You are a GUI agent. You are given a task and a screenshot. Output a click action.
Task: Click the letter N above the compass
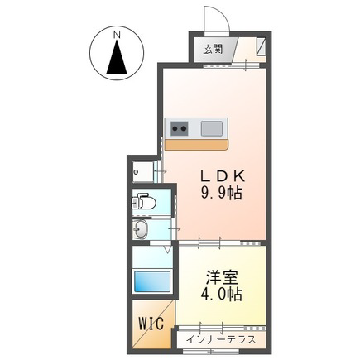(x=118, y=35)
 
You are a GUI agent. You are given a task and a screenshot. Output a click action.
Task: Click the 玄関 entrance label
(x=213, y=50)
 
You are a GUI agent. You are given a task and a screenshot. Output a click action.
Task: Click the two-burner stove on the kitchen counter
(x=180, y=128)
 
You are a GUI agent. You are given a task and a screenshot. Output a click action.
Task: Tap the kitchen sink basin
(x=212, y=128)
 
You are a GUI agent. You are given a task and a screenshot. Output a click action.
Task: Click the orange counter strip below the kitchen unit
(x=196, y=145)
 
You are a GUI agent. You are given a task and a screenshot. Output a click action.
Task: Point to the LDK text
(x=223, y=175)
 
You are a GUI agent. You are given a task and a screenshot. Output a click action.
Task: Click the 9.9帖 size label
(x=222, y=193)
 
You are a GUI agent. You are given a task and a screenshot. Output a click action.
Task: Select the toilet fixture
(x=144, y=203)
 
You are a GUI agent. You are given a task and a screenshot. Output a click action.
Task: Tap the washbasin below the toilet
(x=141, y=228)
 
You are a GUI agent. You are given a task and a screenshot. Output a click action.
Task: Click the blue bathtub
(x=152, y=281)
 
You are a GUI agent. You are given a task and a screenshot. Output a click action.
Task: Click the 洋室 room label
(x=222, y=278)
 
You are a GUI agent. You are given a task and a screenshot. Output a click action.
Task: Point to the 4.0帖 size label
(x=222, y=295)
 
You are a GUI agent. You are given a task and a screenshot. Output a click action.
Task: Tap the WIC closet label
(x=151, y=324)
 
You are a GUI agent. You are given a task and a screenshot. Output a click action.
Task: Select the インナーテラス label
(x=221, y=339)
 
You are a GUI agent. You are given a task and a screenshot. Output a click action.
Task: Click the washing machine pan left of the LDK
(x=143, y=171)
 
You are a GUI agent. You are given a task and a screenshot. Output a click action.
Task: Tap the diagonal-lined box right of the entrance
(x=261, y=46)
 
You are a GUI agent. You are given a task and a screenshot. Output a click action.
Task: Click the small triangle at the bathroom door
(x=167, y=249)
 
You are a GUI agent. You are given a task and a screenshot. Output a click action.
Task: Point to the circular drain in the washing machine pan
(x=136, y=172)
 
